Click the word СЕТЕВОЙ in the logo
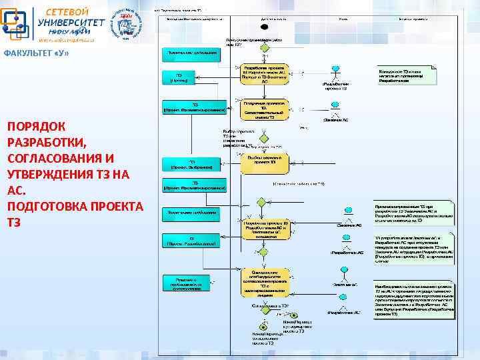67,11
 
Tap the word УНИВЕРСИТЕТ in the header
71,22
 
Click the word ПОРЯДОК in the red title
36,126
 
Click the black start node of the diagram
265,27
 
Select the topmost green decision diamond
265,48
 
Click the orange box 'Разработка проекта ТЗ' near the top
265,74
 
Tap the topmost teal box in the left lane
191,52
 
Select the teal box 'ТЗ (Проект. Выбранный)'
191,164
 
